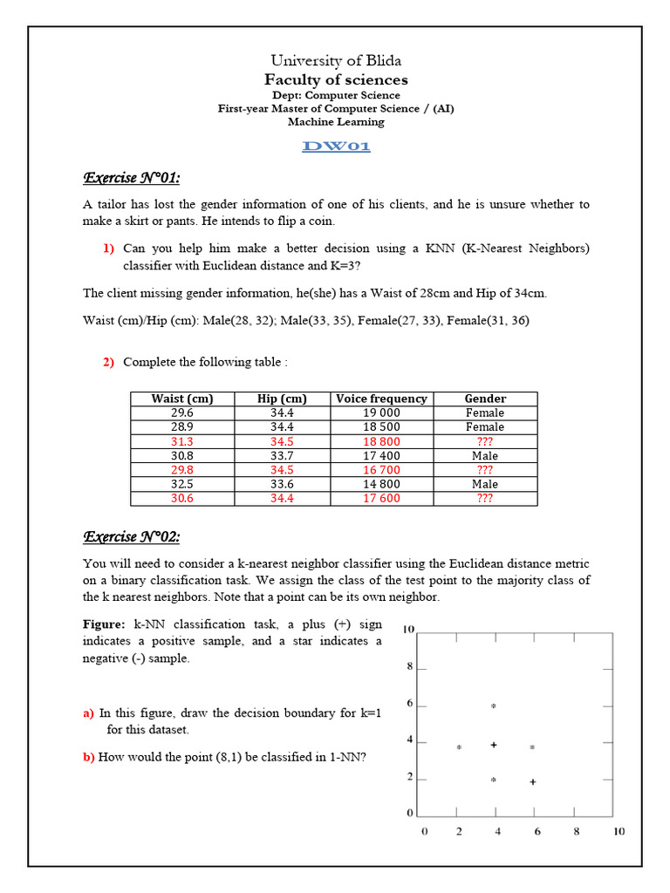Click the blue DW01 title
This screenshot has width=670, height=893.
click(x=336, y=147)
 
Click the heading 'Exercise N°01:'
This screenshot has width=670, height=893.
click(x=131, y=179)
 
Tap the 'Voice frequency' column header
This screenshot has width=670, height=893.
click(x=381, y=399)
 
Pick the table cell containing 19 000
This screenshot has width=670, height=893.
click(x=381, y=412)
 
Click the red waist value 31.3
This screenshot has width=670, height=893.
click(x=181, y=441)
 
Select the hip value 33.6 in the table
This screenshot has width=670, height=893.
click(x=282, y=484)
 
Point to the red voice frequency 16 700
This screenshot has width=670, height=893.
click(x=381, y=470)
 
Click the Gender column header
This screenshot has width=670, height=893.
click(x=485, y=399)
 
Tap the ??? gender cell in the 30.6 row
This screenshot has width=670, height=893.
click(x=485, y=499)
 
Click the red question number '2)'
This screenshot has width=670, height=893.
click(x=109, y=362)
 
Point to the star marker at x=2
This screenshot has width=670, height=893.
click(x=459, y=747)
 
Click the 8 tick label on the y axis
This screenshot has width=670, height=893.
click(x=410, y=667)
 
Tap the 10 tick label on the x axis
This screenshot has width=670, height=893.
click(x=619, y=832)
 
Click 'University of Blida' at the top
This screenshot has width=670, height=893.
click(x=336, y=60)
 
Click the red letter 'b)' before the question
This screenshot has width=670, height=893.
click(x=89, y=757)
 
